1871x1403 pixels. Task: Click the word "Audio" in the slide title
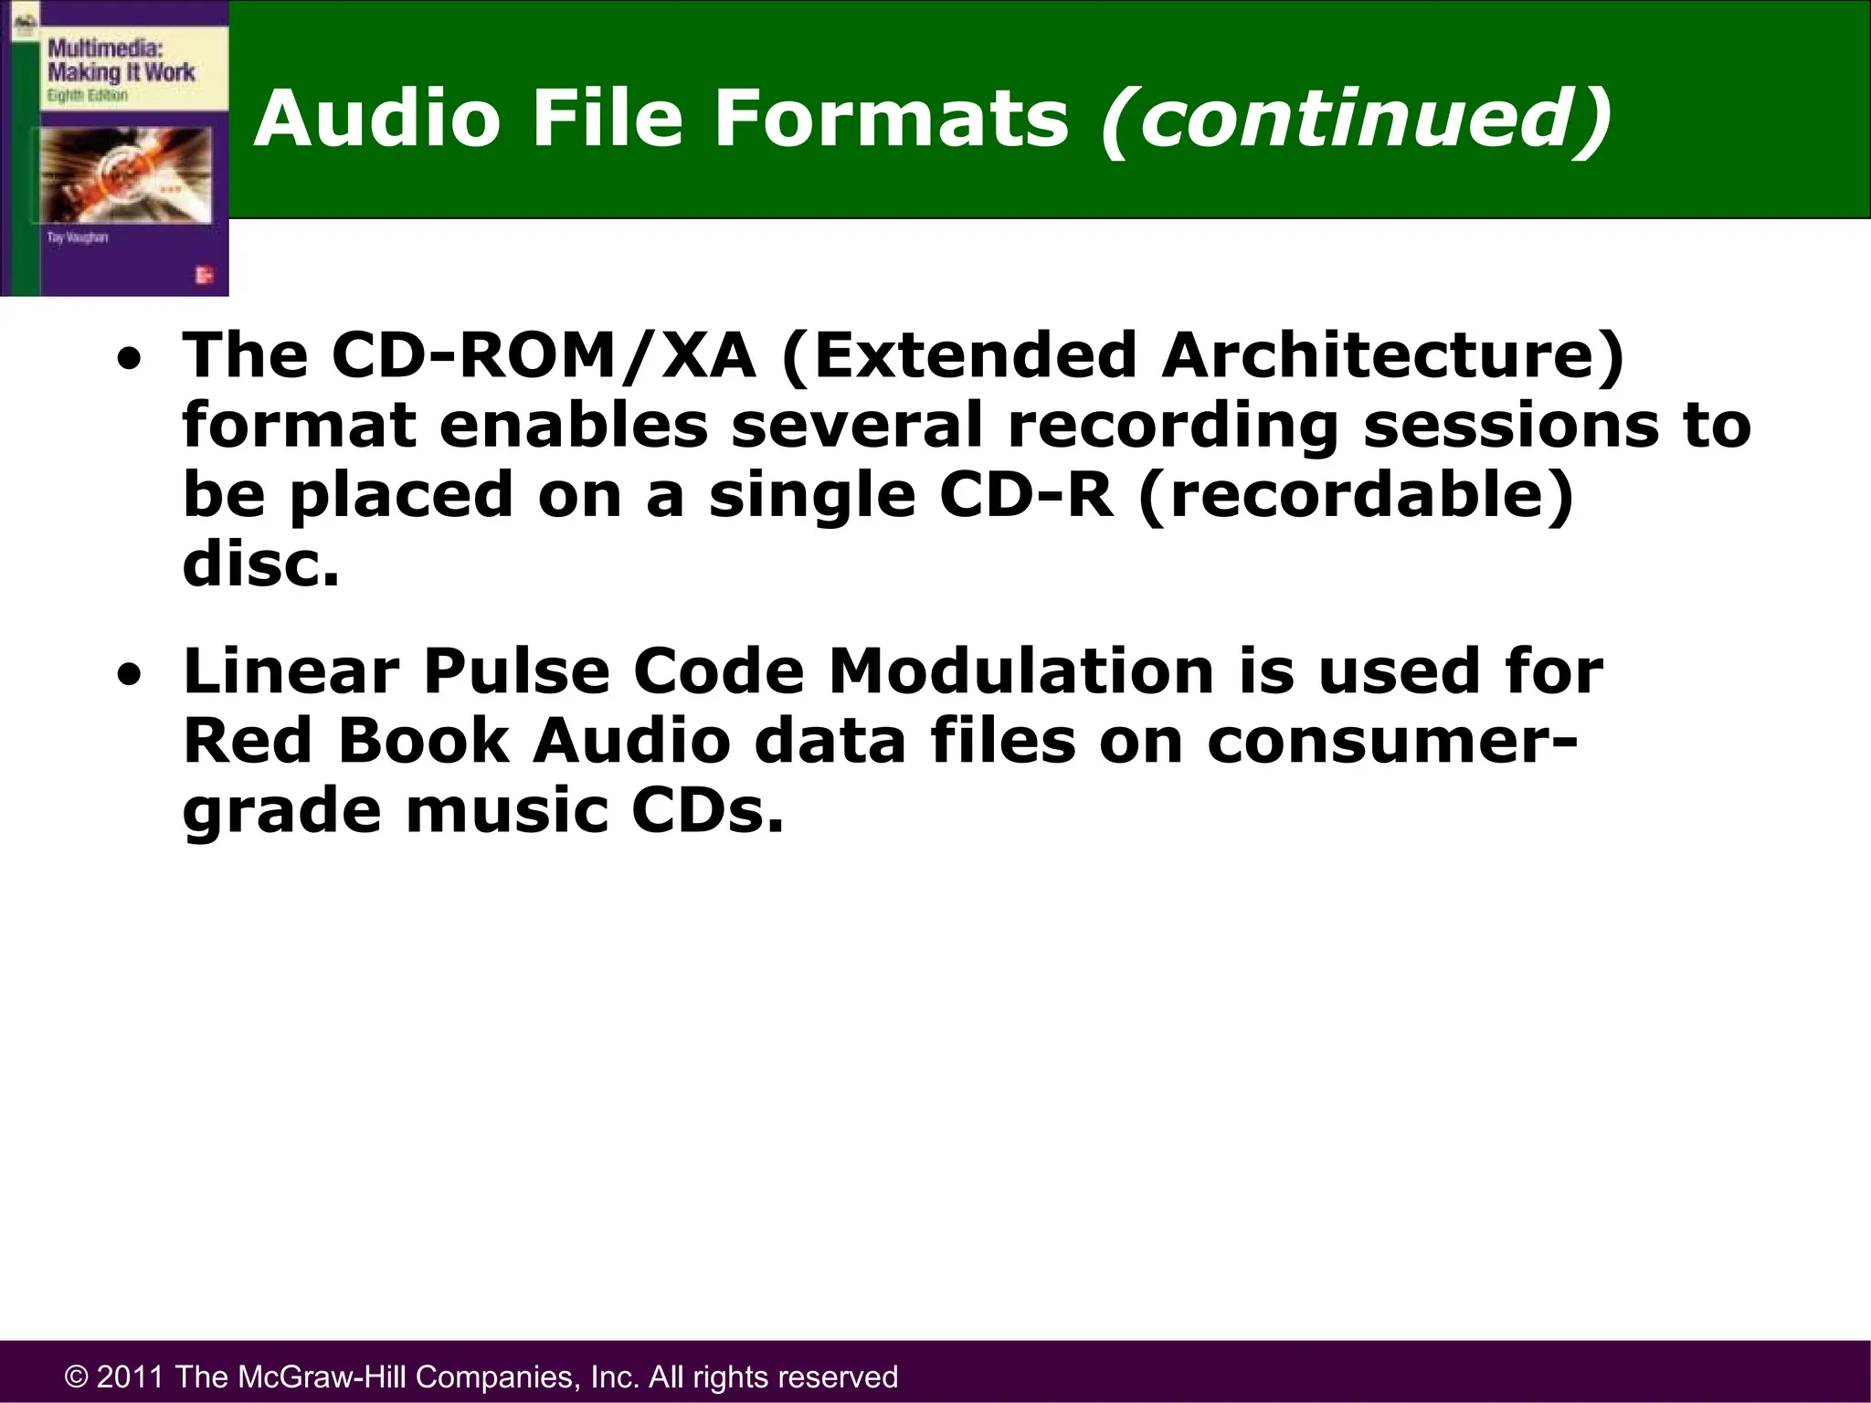[x=376, y=119]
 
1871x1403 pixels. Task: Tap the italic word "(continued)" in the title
[x=1357, y=121]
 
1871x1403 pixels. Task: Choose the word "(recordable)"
[x=1357, y=495]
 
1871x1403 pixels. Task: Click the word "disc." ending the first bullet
[x=261, y=564]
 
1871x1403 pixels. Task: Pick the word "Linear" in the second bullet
[x=291, y=671]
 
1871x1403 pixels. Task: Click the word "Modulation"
[x=1021, y=671]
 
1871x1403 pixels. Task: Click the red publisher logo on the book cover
[x=204, y=275]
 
